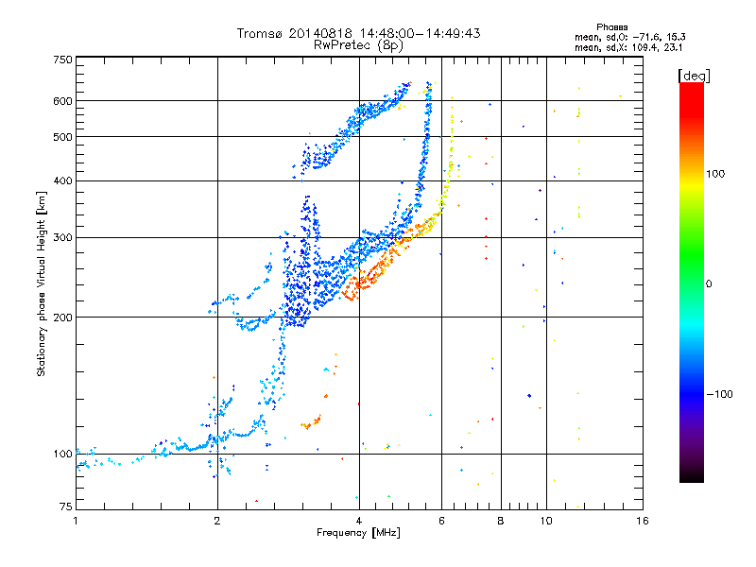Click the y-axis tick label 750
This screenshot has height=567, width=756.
61,59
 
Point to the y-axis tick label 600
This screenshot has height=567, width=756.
61,101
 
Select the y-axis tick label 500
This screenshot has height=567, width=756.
61,137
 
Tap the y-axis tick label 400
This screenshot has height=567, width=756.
61,180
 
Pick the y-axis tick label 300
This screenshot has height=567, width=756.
61,237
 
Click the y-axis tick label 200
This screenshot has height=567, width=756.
61,318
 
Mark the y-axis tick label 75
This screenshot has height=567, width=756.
64,508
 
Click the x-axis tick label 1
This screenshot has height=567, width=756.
76,520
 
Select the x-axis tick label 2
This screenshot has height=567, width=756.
217,520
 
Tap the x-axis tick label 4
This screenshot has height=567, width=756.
359,520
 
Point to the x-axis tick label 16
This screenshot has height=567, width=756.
642,520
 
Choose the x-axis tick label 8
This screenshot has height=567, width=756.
501,520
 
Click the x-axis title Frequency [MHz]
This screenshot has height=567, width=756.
359,533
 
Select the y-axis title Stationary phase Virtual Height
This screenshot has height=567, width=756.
42,283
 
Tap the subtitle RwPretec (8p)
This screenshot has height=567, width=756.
359,44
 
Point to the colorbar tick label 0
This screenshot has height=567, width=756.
708,283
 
